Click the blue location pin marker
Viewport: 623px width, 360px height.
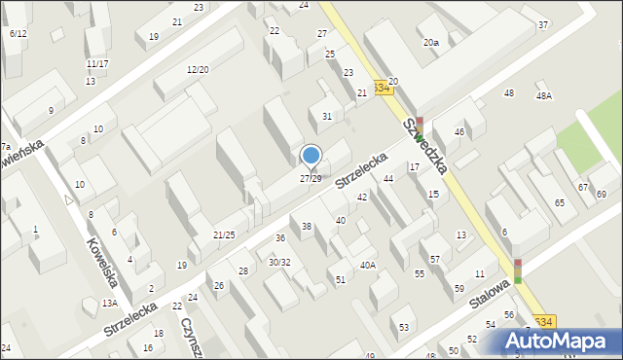tap(311, 156)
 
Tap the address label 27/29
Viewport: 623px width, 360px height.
tap(311, 179)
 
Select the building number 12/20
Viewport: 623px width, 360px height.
tap(198, 69)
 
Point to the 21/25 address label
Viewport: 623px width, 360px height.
tap(224, 234)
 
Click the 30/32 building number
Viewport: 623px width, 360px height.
tap(279, 262)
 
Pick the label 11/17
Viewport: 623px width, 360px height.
tap(96, 64)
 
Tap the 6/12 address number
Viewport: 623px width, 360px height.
tap(18, 34)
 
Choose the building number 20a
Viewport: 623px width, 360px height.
tap(430, 43)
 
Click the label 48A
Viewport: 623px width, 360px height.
tap(543, 95)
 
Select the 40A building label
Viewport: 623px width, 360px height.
tap(367, 265)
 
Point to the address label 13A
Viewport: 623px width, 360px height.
tap(110, 304)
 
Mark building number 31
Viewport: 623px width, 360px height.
tap(327, 117)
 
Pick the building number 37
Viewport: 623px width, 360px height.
tap(542, 24)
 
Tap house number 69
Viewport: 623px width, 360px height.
tap(602, 195)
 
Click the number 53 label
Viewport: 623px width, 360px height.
tap(404, 327)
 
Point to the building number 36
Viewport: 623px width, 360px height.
tap(280, 238)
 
